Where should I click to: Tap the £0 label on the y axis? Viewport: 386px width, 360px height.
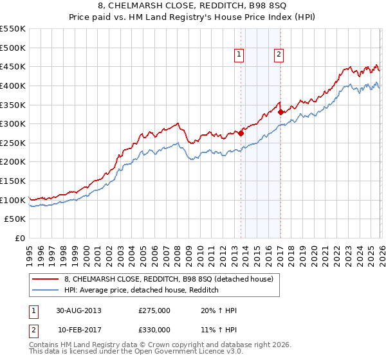click(19, 238)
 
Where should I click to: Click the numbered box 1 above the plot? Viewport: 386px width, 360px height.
click(239, 55)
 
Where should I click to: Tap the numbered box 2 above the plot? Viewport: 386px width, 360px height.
click(279, 55)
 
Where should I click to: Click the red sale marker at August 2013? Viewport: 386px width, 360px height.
click(241, 134)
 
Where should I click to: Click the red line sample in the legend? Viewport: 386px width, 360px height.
click(46, 279)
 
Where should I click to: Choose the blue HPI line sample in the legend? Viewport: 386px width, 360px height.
click(46, 290)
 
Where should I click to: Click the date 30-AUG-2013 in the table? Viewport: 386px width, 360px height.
click(78, 311)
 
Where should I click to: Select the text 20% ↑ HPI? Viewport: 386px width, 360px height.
click(219, 311)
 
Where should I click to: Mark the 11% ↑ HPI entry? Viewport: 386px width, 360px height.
click(219, 329)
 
